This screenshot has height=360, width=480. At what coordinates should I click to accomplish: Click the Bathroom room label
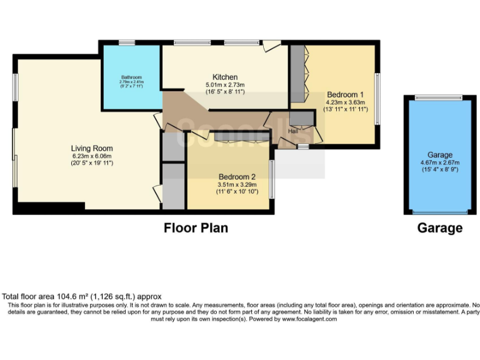pos(132,77)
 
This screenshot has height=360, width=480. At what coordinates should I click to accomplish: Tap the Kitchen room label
pos(224,77)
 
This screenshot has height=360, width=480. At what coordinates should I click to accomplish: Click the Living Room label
pos(92,148)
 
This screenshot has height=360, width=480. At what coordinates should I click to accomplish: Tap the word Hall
pos(292,131)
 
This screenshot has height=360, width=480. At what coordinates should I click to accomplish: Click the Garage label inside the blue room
pos(440,154)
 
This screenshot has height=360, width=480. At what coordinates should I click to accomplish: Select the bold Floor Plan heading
pos(196,228)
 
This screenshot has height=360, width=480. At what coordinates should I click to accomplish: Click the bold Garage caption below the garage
pos(440,228)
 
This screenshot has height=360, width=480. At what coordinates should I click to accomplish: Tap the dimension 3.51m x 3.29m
pos(236,184)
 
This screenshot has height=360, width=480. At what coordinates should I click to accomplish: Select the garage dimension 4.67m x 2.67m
pos(440,162)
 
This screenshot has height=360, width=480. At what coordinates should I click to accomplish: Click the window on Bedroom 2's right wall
pos(271,180)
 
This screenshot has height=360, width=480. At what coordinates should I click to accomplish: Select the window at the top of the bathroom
pos(127,42)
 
